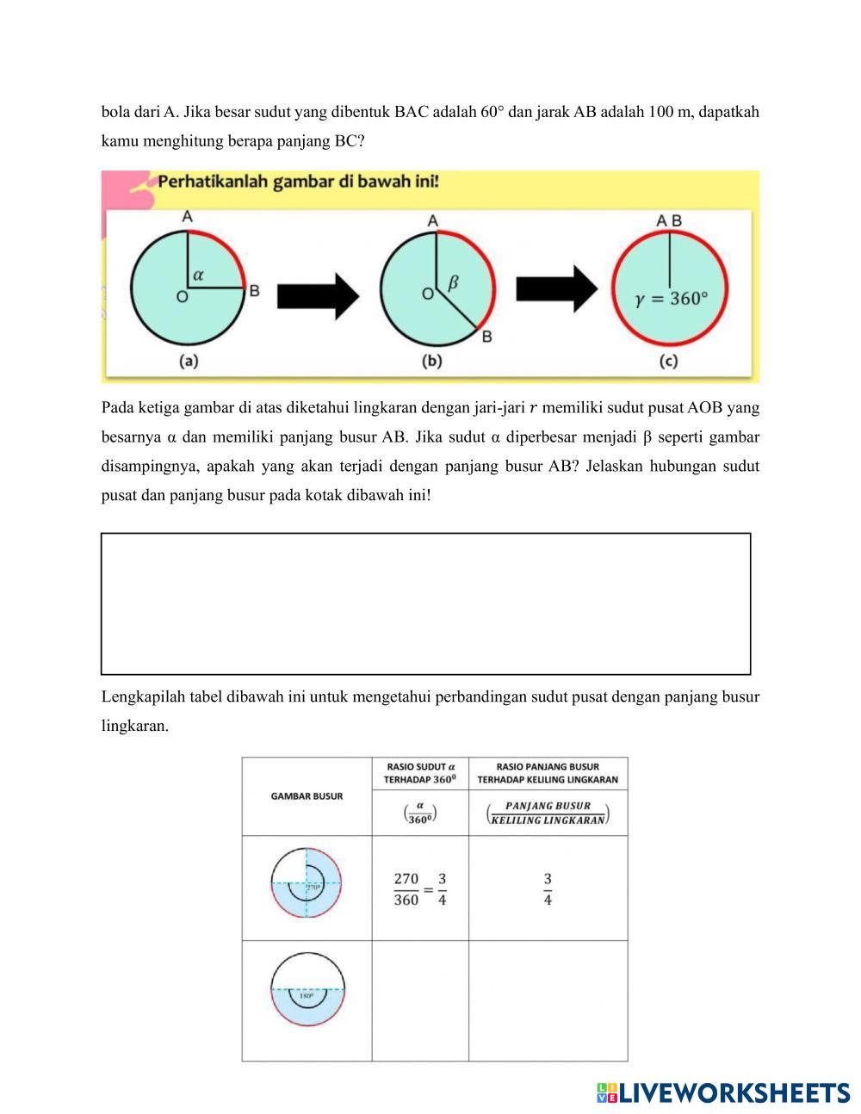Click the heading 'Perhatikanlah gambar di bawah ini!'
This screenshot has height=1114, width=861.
298,183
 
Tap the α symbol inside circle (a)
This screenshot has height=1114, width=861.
199,275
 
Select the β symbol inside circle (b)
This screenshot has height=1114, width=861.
454,282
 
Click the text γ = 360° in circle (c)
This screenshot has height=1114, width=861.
672,299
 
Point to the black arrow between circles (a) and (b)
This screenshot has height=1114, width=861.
317,295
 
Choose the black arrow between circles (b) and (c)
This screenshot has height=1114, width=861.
555,288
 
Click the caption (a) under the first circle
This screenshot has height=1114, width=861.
189,362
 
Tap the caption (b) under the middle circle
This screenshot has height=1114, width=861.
431,362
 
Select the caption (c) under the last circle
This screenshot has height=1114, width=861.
669,362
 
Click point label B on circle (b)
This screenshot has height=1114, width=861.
486,337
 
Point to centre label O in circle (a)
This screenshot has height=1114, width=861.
182,298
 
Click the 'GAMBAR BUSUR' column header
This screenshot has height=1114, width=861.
307,796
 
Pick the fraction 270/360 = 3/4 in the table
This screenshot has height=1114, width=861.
420,889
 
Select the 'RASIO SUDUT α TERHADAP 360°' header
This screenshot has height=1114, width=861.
420,773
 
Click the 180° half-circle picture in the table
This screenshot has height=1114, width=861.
307,989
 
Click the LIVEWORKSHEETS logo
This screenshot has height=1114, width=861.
723,1092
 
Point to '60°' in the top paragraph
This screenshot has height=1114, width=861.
492,112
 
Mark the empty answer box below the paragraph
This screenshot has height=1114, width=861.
425,603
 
